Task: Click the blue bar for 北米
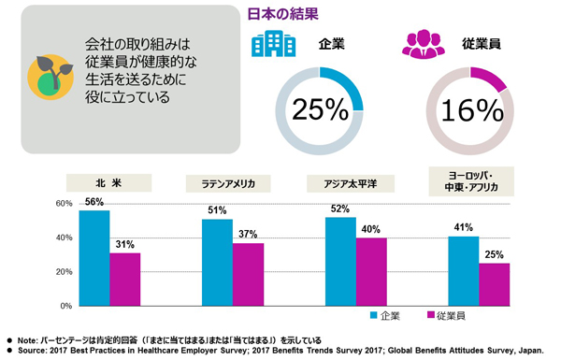pos(93,258)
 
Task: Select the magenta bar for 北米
pos(124,280)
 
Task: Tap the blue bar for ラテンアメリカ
pos(217,262)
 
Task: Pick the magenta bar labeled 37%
pos(248,274)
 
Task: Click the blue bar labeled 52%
pos(340,261)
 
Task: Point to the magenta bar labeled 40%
pos(371,271)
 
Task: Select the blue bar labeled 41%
pos(464,270)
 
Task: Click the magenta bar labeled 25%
pos(495,284)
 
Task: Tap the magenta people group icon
pos(421,44)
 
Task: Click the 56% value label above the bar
pos(93,201)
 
